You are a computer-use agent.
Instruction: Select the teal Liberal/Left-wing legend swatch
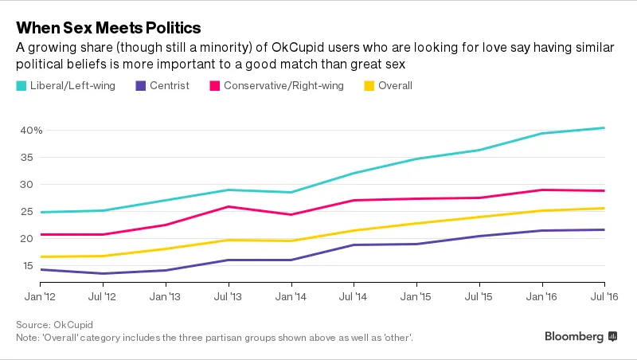click(x=21, y=85)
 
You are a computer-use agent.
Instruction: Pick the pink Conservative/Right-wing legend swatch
click(x=213, y=85)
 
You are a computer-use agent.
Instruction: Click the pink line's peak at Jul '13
click(x=229, y=206)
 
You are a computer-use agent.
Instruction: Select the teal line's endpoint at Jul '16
click(x=604, y=127)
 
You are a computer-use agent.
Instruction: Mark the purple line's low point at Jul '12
click(x=103, y=273)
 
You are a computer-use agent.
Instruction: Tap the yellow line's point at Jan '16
click(x=542, y=210)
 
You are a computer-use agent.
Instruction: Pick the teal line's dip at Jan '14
click(x=291, y=192)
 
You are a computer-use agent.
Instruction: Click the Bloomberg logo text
click(x=573, y=337)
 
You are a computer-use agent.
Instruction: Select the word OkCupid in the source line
click(x=72, y=325)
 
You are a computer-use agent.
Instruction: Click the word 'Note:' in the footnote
click(x=28, y=338)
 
